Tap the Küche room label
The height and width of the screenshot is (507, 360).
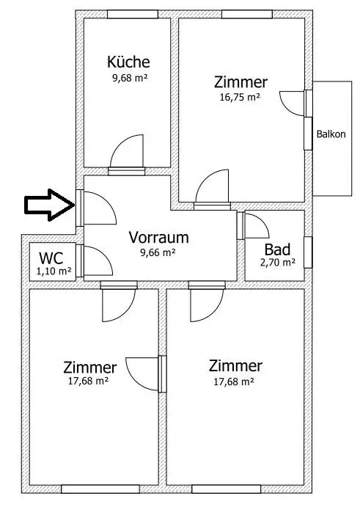128,62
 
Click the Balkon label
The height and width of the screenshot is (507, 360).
331,134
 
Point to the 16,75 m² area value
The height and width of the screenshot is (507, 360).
240,95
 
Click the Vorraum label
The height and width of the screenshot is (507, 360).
159,238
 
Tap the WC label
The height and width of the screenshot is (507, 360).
51,258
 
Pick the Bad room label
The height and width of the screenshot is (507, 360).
279,249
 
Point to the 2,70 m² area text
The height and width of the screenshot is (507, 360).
279,262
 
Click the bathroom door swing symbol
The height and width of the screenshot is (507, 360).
256,225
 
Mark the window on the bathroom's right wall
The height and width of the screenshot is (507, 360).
308,252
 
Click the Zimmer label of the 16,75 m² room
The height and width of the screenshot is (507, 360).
240,81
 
